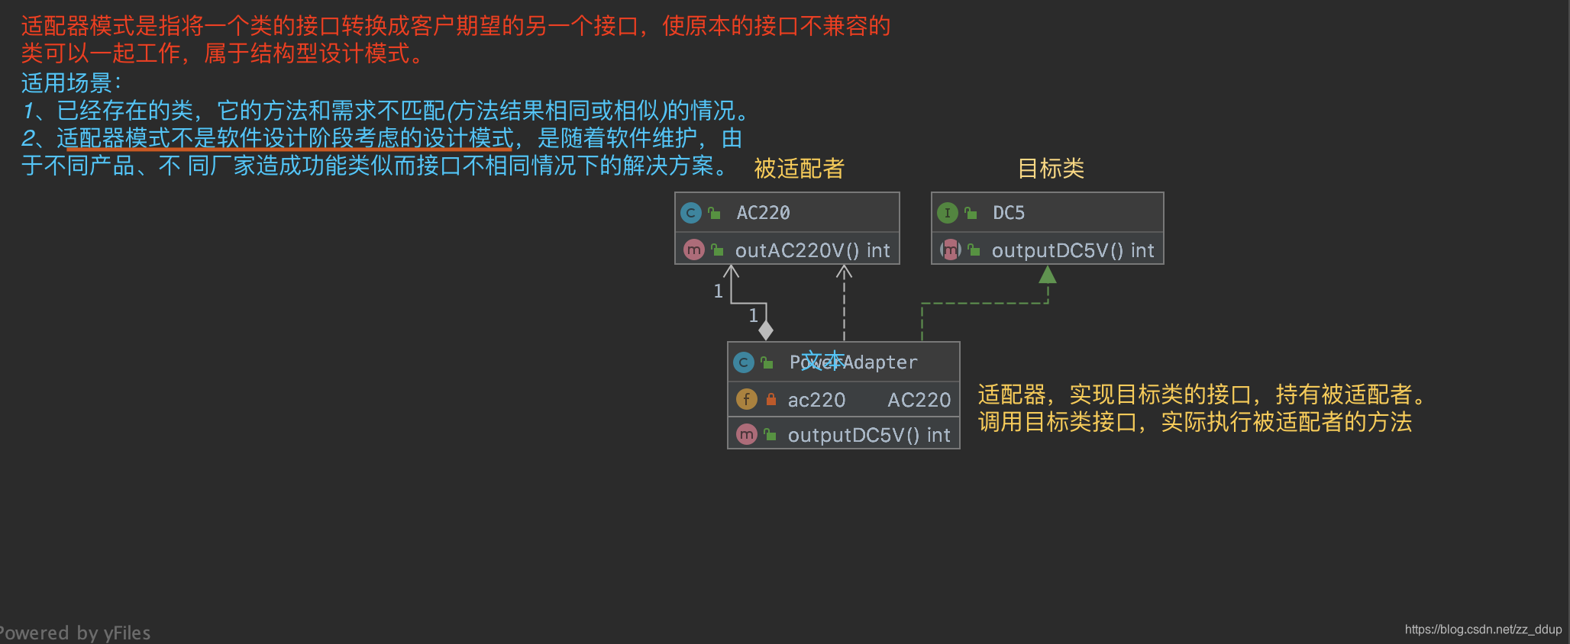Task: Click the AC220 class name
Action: [763, 213]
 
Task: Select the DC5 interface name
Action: [1008, 213]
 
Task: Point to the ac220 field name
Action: [816, 400]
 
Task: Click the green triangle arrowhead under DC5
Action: [1048, 275]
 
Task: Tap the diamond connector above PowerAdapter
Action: [766, 330]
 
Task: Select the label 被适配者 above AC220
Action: [799, 169]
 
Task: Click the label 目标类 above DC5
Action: [1051, 169]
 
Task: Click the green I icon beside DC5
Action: [948, 213]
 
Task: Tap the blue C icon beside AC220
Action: [691, 213]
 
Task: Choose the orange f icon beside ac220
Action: [746, 399]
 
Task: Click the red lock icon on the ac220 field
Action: [771, 399]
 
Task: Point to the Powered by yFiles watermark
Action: [75, 633]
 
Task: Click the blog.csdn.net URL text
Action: [1483, 630]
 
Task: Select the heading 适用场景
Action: [67, 82]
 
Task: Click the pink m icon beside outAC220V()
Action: [693, 250]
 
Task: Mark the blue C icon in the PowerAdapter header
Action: [743, 362]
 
